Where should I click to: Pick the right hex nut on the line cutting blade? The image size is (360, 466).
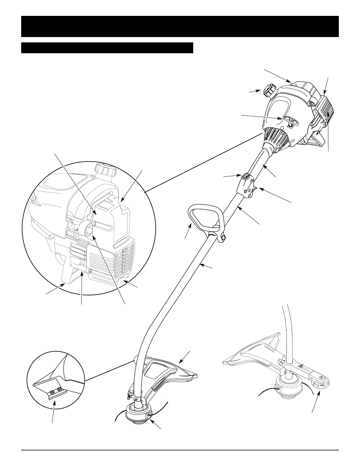59,389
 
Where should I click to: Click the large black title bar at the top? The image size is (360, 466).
180,26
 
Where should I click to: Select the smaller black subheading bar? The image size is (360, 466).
107,48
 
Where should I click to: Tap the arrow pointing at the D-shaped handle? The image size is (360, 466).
188,232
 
